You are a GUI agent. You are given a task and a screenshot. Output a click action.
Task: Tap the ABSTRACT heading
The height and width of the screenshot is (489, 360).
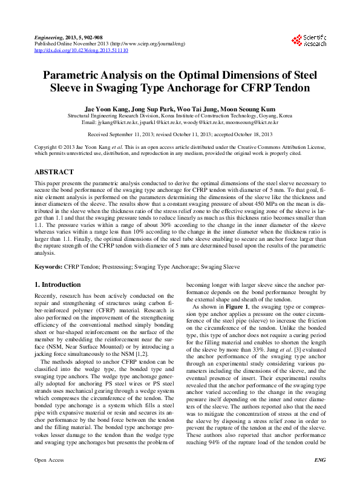point(54,172)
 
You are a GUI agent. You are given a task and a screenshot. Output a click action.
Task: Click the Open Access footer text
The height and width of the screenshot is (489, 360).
point(49,477)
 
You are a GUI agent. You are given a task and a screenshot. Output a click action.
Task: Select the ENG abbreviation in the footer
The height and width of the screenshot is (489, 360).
point(320,477)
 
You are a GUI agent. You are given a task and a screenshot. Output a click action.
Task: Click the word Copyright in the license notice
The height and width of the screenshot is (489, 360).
point(48,147)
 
